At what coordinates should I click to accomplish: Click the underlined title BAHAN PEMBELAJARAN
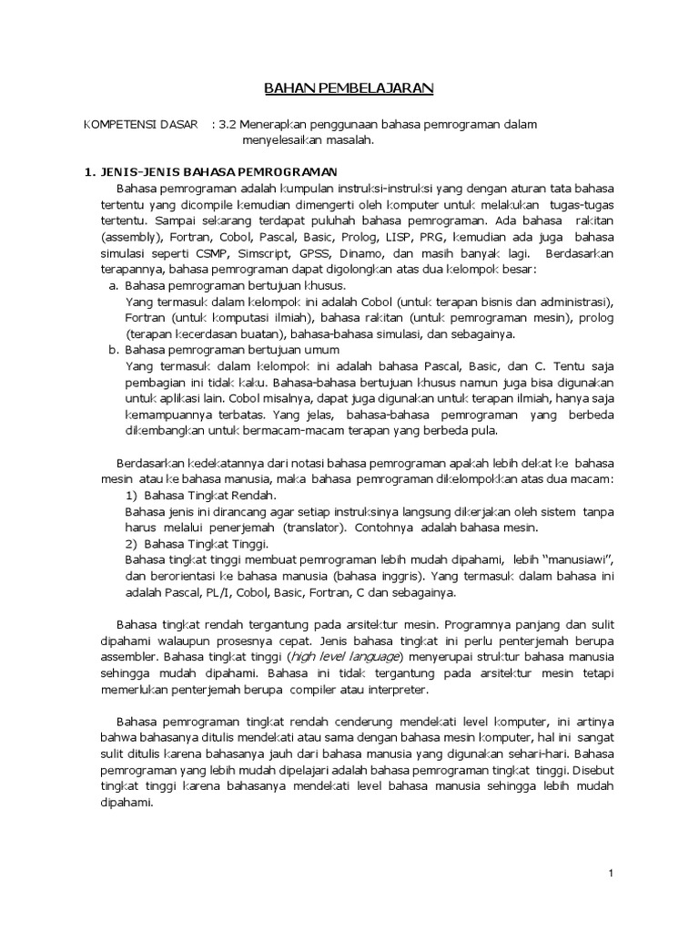pyautogui.click(x=349, y=87)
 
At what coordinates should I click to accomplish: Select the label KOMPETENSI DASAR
pyautogui.click(x=140, y=124)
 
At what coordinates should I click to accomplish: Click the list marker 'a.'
pyautogui.click(x=114, y=285)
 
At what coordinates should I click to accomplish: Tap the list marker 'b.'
pyautogui.click(x=114, y=349)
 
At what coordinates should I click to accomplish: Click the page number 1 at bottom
pyautogui.click(x=612, y=874)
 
